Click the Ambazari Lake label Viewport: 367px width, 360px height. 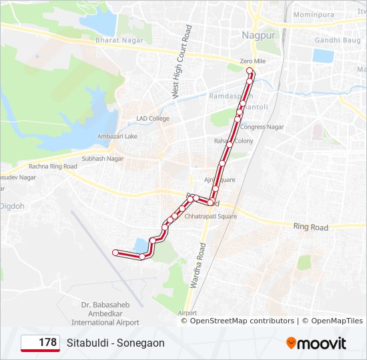pos(117,136)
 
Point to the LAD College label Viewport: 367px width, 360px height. pos(153,119)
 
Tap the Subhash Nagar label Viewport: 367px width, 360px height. pos(103,159)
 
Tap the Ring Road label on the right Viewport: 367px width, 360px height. pos(311,227)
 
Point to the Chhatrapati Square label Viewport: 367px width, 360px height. pos(210,216)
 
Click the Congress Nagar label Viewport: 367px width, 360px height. pos(262,127)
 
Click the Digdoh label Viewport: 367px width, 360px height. pos(13,206)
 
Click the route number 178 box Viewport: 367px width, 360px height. pos(40,343)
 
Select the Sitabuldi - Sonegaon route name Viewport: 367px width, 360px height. pos(115,343)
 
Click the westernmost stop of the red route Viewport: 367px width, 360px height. pos(115,253)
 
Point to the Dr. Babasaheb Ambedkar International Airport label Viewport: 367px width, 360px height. pos(105,313)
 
